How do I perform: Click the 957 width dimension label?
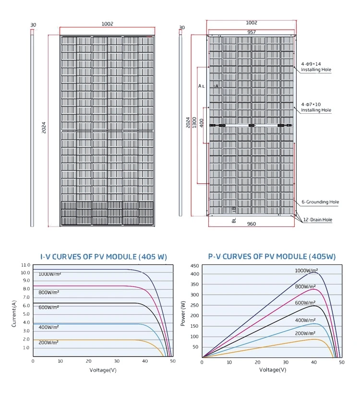click(252, 32)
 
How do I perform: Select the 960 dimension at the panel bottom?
click(252, 224)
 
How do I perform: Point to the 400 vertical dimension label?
click(202, 122)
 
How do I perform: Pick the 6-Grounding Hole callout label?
click(320, 202)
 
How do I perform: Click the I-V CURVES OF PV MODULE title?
click(103, 257)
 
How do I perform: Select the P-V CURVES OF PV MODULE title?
click(272, 257)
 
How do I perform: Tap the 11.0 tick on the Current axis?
click(25, 265)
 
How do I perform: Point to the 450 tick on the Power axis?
click(194, 265)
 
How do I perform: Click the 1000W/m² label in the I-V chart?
click(50, 274)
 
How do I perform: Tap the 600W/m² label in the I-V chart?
click(48, 307)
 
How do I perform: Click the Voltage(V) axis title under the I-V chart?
click(103, 370)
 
